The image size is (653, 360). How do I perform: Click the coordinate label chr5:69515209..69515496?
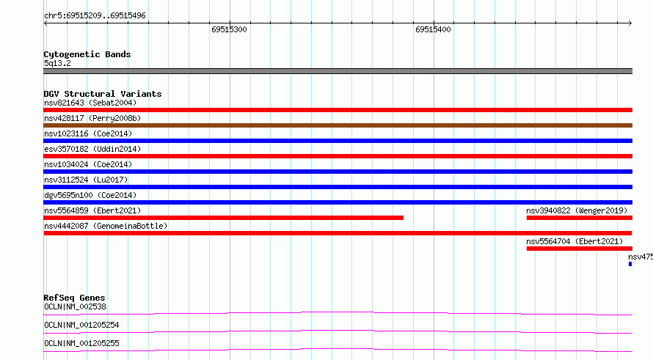pyautogui.click(x=95, y=16)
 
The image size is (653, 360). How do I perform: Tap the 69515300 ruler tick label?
pyautogui.click(x=229, y=29)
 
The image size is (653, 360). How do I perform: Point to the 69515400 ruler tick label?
pyautogui.click(x=433, y=29)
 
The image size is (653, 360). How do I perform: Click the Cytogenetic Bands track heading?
pyautogui.click(x=87, y=54)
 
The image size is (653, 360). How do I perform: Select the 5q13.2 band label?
pyautogui.click(x=57, y=63)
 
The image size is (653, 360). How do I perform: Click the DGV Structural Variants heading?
pyautogui.click(x=103, y=94)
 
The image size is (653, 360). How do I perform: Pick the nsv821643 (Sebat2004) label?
pyautogui.click(x=90, y=103)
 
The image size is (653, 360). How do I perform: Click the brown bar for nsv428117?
pyautogui.click(x=338, y=125)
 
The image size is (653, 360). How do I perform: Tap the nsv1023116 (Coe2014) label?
pyautogui.click(x=88, y=133)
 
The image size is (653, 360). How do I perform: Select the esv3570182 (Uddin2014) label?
pyautogui.click(x=92, y=149)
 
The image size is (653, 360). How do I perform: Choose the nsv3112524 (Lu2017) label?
pyautogui.click(x=86, y=180)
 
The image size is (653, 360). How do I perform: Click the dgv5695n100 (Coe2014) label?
pyautogui.click(x=90, y=195)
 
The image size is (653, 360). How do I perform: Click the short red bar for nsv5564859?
pyautogui.click(x=223, y=218)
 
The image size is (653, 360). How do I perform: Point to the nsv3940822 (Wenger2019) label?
pyautogui.click(x=577, y=210)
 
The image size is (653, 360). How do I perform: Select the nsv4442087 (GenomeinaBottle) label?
pyautogui.click(x=106, y=226)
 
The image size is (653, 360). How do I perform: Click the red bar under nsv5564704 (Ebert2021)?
pyautogui.click(x=580, y=249)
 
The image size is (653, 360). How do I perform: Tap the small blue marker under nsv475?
pyautogui.click(x=630, y=264)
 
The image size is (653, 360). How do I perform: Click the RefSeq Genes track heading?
pyautogui.click(x=74, y=298)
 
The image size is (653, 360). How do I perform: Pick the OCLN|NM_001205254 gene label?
pyautogui.click(x=81, y=325)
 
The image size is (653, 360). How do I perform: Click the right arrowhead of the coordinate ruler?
pyautogui.click(x=630, y=23)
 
